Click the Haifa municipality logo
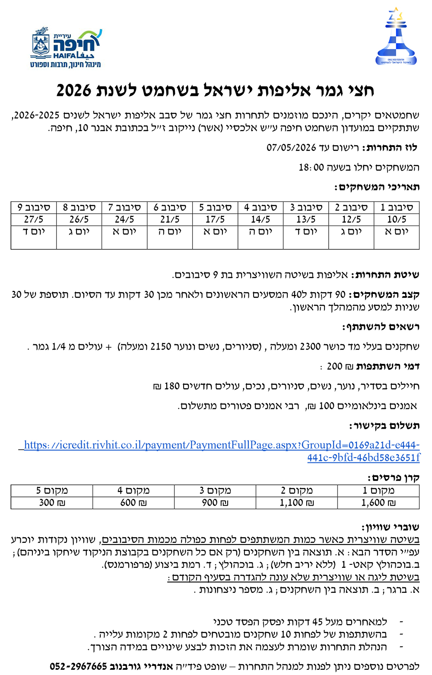pos(66,48)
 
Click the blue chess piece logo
pos(396,37)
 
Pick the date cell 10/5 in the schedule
pos(396,220)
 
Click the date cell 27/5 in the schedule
pos(34,220)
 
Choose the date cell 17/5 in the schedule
pos(215,220)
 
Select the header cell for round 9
pos(34,207)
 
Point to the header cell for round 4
pos(260,207)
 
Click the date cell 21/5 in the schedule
pos(170,220)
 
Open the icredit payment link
pos(222,451)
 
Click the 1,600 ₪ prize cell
pos(378,503)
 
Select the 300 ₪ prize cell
pos(52,503)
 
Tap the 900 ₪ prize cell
pos(215,503)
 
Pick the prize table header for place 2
pos(296,490)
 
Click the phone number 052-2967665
pos(78,666)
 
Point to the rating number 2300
pos(310,347)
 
